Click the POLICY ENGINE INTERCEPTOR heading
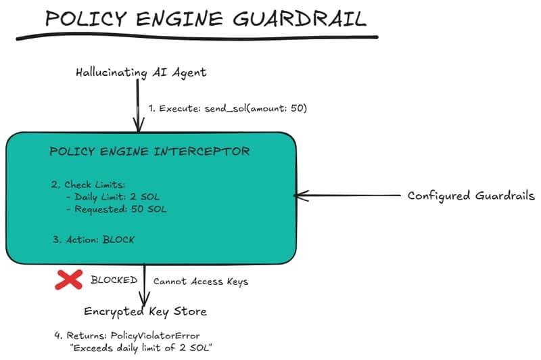[149, 151]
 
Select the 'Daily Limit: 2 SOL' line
[116, 196]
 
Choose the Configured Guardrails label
[471, 196]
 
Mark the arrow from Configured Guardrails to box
[348, 196]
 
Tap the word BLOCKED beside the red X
[114, 280]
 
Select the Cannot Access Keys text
[201, 281]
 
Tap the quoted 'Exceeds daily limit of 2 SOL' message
[145, 348]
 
